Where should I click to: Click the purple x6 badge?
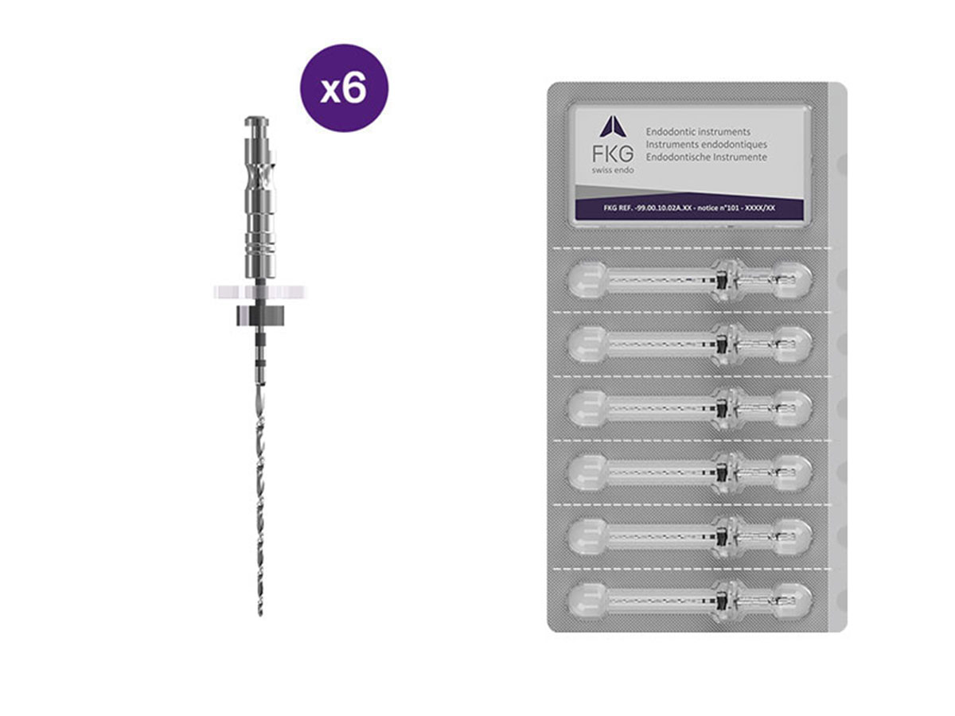point(344,88)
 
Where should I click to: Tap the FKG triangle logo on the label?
point(613,126)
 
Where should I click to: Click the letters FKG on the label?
point(612,153)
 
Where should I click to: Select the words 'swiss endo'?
point(612,171)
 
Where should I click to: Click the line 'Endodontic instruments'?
point(699,132)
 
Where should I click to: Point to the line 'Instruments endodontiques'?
point(707,145)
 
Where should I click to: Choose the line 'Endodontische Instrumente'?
point(707,158)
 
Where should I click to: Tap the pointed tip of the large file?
point(260,613)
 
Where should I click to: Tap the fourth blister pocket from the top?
point(691,471)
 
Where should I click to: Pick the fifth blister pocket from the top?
point(691,535)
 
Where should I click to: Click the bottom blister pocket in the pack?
point(691,598)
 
